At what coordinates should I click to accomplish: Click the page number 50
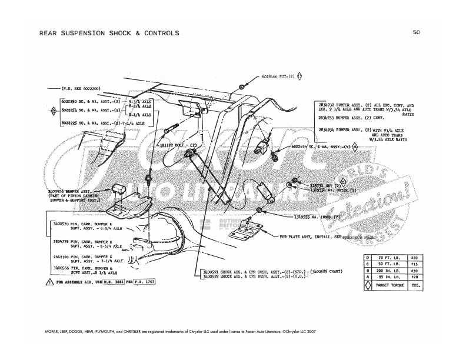(x=416, y=33)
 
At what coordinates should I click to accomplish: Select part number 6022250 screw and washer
(x=71, y=102)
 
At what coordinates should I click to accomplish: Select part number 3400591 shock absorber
(x=209, y=272)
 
